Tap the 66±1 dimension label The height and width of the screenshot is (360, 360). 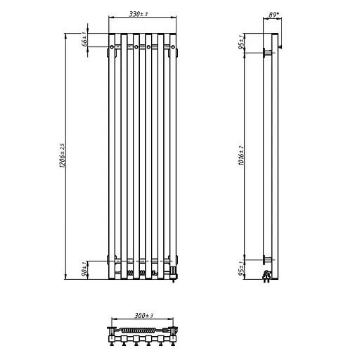(84, 39)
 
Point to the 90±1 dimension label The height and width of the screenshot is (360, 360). (84, 269)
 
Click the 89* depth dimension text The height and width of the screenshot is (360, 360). (274, 12)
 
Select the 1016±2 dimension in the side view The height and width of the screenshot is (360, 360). (243, 155)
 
